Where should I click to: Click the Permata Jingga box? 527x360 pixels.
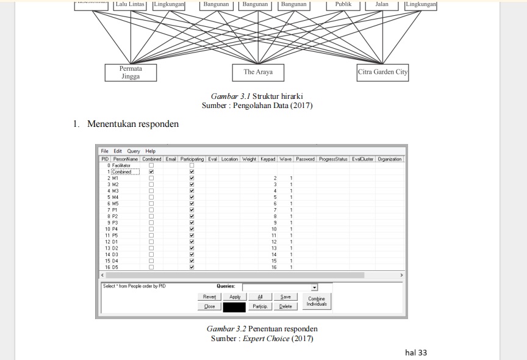[131, 73]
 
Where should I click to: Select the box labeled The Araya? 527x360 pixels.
[258, 72]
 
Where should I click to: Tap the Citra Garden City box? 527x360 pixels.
[382, 72]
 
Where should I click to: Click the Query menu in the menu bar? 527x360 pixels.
[134, 151]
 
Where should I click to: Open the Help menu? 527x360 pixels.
[150, 151]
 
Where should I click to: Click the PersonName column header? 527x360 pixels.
[126, 159]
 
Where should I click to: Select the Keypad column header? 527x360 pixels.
[268, 159]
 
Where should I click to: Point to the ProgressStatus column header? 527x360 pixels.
[333, 159]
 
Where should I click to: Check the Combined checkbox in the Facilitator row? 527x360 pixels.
[151, 165]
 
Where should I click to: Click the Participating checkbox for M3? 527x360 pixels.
[192, 191]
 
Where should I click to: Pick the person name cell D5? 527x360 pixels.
[115, 267]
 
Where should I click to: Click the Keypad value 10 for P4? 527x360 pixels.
[274, 229]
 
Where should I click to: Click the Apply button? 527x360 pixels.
[235, 297]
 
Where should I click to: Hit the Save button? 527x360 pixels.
[285, 297]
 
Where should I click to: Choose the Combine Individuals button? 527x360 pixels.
[316, 301]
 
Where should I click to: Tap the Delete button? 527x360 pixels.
[285, 307]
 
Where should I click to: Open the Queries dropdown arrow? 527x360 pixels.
[314, 287]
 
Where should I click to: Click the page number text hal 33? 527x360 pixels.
[416, 352]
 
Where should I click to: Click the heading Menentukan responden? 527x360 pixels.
[133, 124]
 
